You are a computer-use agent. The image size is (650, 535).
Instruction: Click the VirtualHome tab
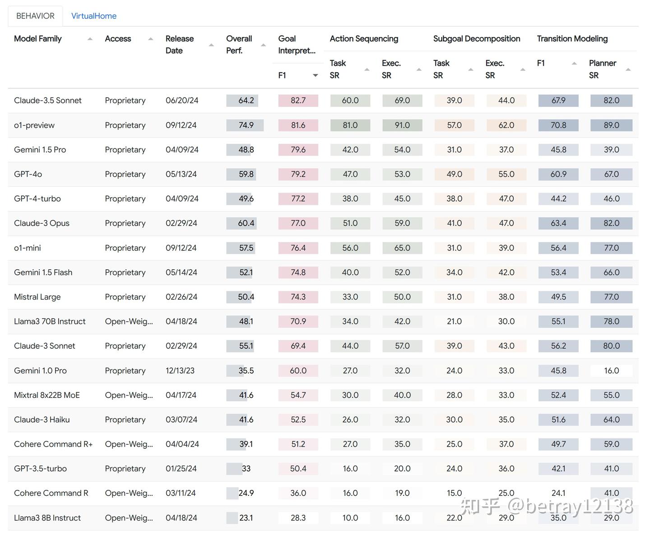(93, 16)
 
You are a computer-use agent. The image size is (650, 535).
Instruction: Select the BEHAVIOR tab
(35, 16)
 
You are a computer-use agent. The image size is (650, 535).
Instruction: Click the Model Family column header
(38, 39)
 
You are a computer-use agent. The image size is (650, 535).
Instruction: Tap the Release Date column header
(180, 45)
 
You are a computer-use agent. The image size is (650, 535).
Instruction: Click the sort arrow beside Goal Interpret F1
(315, 76)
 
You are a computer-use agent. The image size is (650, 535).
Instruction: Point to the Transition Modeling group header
(572, 39)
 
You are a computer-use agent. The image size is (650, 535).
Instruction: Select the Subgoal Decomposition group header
(476, 39)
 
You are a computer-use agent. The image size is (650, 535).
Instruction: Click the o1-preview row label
(34, 125)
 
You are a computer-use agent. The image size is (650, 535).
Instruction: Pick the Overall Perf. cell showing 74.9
(246, 125)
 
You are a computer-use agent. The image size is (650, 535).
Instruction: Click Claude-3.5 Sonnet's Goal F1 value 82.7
(298, 101)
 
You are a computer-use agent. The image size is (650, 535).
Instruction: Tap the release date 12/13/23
(180, 370)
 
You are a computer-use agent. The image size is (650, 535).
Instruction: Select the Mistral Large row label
(37, 297)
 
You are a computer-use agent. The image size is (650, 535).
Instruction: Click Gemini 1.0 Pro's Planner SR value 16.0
(611, 370)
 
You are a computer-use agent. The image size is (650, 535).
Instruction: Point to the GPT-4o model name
(28, 174)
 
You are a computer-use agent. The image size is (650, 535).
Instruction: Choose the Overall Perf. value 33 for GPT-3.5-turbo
(246, 469)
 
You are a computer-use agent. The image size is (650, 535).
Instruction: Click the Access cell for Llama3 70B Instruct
(129, 321)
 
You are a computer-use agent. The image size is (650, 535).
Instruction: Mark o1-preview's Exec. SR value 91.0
(402, 125)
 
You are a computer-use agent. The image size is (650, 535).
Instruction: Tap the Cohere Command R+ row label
(53, 444)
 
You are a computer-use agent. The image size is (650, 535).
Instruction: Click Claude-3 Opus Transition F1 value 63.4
(558, 223)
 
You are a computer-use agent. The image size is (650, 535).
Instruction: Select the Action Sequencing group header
(364, 39)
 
